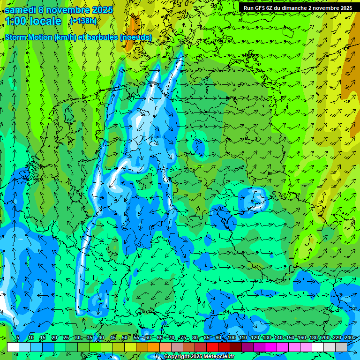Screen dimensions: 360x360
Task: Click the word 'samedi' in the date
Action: (x=21, y=10)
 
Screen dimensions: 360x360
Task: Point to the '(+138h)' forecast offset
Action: (x=83, y=21)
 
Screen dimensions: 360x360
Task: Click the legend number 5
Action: (x=18, y=338)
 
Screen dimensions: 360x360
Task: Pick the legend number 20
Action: (x=54, y=338)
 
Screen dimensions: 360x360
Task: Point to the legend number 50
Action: (x=125, y=338)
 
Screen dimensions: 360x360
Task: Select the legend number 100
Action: (x=232, y=338)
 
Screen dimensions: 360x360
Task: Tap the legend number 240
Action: (x=349, y=338)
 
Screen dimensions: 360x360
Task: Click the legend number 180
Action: (x=314, y=338)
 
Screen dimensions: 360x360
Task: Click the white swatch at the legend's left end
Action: (x=13, y=347)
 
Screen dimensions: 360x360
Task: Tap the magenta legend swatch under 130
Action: (x=271, y=347)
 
